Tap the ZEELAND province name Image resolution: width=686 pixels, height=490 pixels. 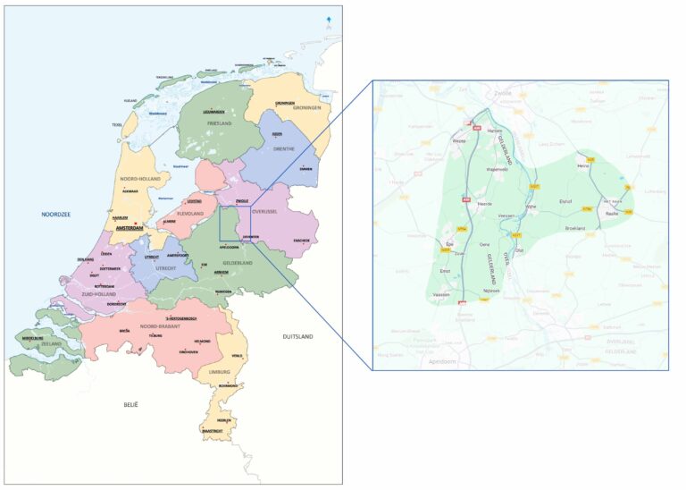(x=51, y=343)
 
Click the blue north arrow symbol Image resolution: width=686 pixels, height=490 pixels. (x=328, y=19)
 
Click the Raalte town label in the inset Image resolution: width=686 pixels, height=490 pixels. (x=612, y=214)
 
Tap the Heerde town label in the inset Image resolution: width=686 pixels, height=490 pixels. (x=485, y=204)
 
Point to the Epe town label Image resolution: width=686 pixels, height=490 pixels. (x=448, y=243)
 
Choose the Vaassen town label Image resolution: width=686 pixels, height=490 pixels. (x=440, y=294)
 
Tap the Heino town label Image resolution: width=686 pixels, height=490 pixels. (x=584, y=165)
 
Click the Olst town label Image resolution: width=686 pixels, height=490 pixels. (x=519, y=250)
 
